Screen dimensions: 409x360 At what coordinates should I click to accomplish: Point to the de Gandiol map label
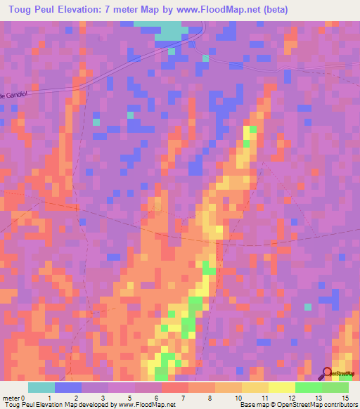(13, 95)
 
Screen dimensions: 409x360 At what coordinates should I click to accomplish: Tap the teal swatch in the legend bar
(41, 387)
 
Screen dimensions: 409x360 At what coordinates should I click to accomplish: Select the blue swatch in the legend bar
(68, 387)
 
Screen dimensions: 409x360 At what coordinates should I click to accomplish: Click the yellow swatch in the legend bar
(282, 387)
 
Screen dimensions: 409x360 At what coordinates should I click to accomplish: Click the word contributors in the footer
(340, 405)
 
